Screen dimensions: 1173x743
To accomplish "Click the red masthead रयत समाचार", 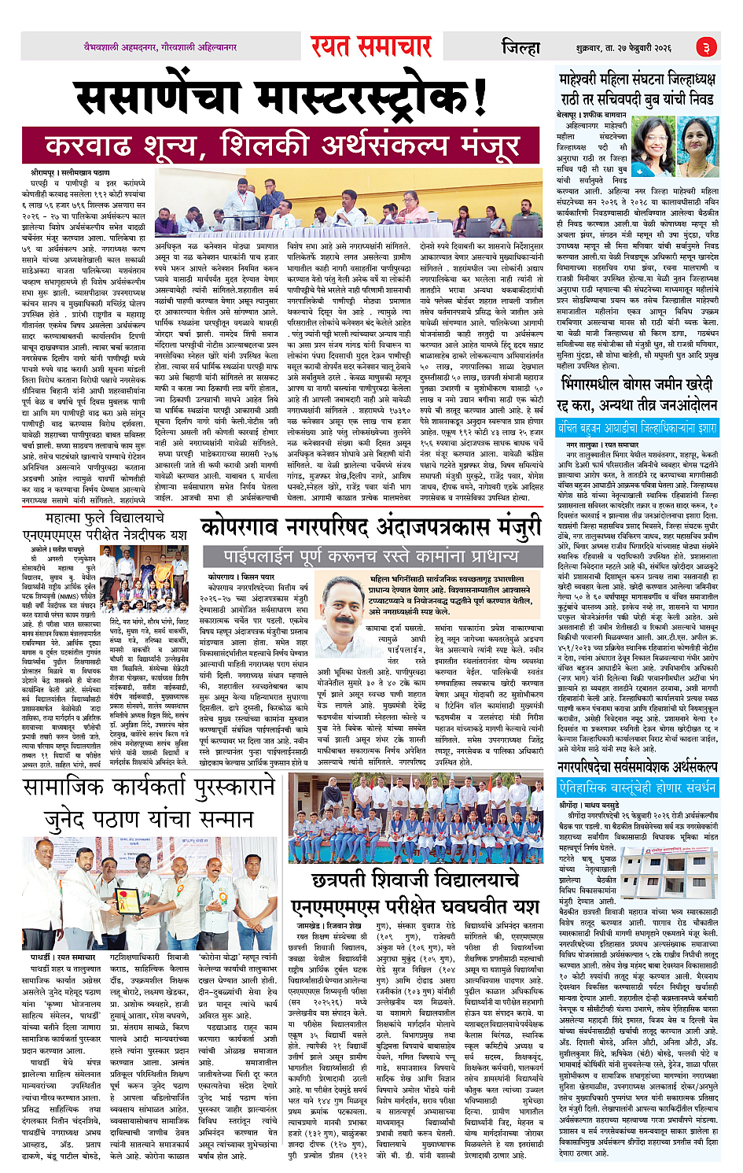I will pos(370,46).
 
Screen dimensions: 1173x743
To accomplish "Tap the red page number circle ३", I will pos(706,47).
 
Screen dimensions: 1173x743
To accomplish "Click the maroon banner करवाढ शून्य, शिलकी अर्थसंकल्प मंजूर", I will pos(282,146).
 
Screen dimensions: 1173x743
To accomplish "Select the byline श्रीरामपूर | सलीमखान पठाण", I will pos(71,172).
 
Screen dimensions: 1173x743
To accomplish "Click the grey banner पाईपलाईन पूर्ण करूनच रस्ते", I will pos(371,556).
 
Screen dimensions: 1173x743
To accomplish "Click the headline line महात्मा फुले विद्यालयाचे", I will pos(104,518).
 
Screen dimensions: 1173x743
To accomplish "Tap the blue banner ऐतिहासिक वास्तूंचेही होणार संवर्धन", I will pos(637,788).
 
